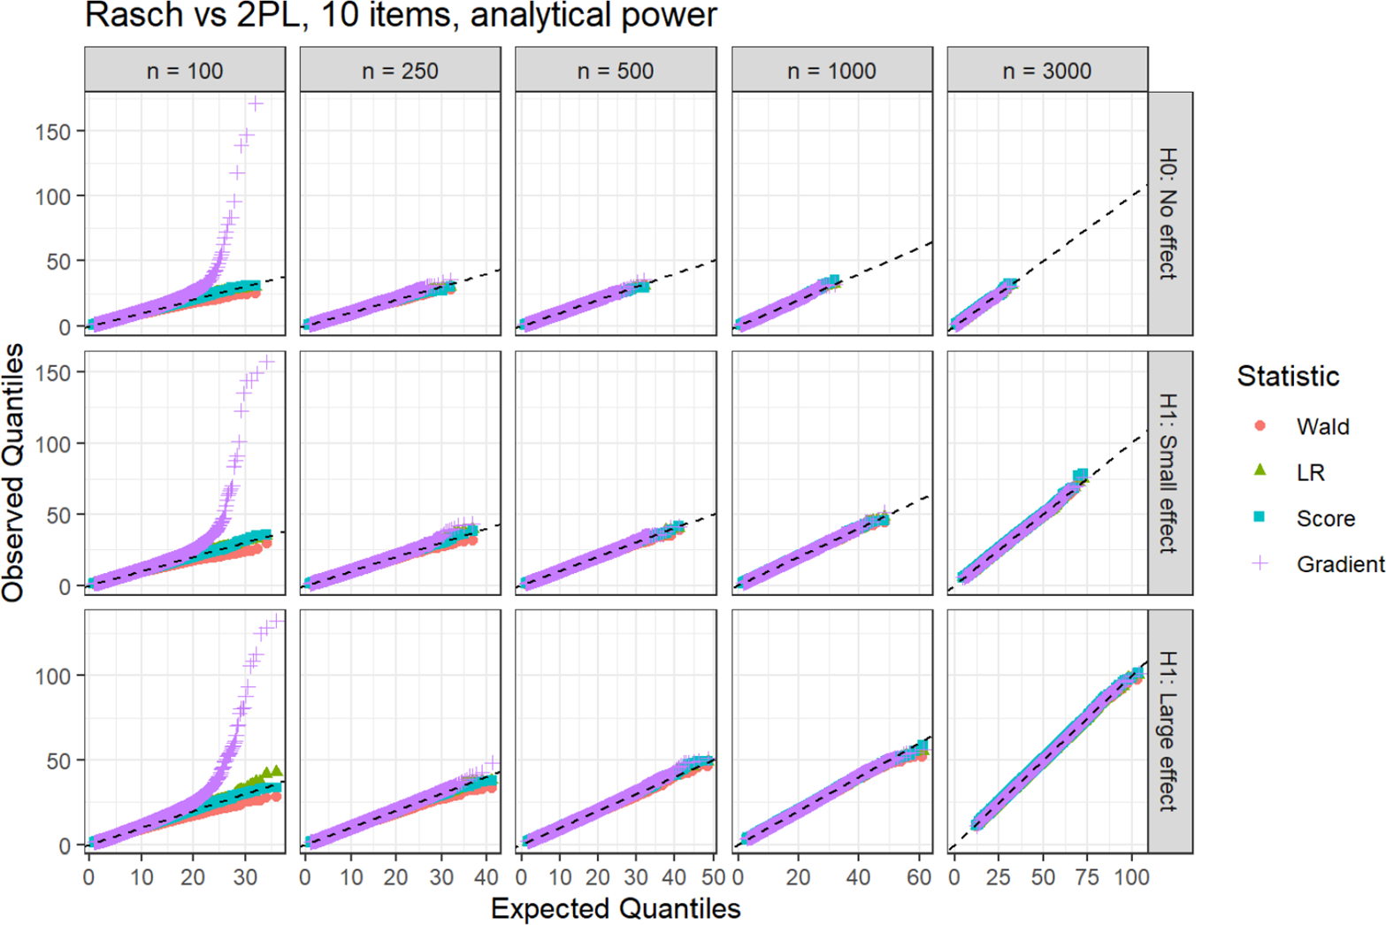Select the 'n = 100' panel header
point(185,71)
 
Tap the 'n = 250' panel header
point(401,71)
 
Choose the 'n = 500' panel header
point(616,71)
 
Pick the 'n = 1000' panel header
point(831,71)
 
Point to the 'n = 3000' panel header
point(1047,71)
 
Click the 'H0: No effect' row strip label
point(1168,213)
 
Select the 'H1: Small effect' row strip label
point(1168,473)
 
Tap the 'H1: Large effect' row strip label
point(1168,730)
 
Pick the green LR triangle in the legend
point(1260,470)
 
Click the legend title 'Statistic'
point(1288,376)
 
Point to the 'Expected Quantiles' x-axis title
point(616,908)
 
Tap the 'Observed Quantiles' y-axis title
point(13,473)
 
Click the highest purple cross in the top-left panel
point(256,104)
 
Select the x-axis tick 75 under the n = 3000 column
point(1087,876)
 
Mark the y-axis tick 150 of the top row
point(53,132)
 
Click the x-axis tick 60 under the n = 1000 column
point(919,876)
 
